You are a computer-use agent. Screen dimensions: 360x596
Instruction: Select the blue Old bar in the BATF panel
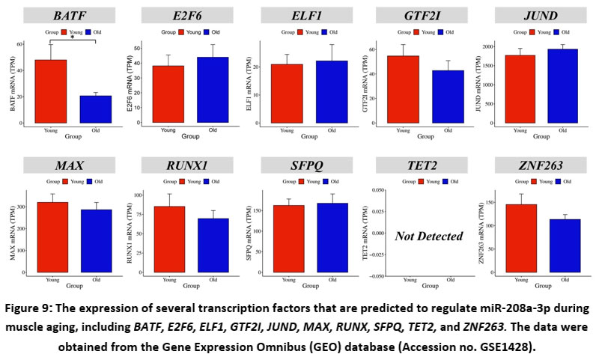click(x=95, y=109)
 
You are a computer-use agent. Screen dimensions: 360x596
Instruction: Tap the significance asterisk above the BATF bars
click(x=72, y=36)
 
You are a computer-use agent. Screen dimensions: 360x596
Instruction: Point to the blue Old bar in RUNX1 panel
click(x=213, y=247)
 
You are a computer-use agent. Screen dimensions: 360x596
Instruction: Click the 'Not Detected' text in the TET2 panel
click(x=429, y=236)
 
